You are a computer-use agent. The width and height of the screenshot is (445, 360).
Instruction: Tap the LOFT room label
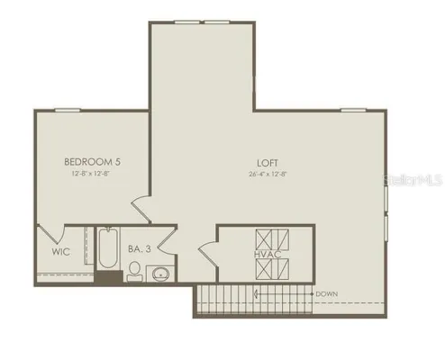(x=265, y=163)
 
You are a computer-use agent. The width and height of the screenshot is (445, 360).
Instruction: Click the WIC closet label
(x=60, y=252)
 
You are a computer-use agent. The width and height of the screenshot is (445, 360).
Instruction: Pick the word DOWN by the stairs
(x=326, y=294)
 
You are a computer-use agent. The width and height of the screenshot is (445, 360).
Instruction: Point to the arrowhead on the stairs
(x=257, y=294)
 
